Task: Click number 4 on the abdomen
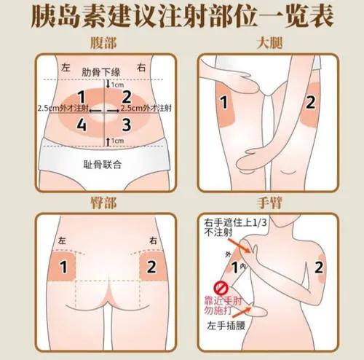point(82,125)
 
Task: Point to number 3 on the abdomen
point(126,125)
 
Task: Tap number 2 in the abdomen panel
point(126,95)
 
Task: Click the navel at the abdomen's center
point(104,111)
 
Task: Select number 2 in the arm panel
point(320,267)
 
